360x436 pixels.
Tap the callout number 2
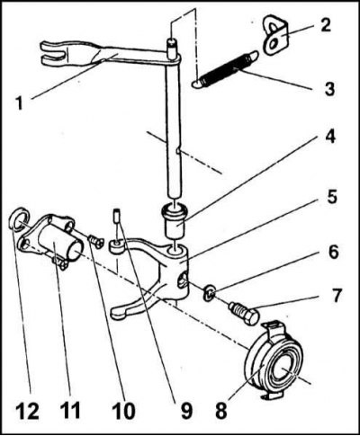click(x=324, y=24)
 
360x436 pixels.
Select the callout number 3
click(x=329, y=89)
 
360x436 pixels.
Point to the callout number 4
click(x=329, y=137)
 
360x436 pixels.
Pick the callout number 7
click(x=336, y=296)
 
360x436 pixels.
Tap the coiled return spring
click(x=225, y=69)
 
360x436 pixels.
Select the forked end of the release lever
click(x=53, y=54)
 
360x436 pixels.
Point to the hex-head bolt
click(x=244, y=313)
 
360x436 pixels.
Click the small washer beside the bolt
click(x=210, y=292)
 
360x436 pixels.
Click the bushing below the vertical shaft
click(x=175, y=221)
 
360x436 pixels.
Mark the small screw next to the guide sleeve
click(x=96, y=241)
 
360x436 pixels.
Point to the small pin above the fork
click(x=117, y=216)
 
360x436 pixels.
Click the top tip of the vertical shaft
click(x=171, y=40)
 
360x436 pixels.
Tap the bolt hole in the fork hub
click(x=182, y=280)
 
